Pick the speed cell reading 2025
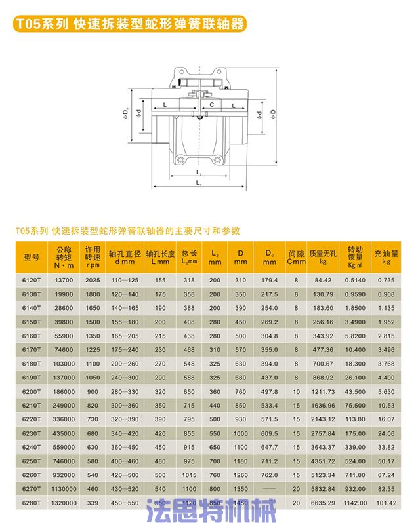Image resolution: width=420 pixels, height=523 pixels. click(x=93, y=280)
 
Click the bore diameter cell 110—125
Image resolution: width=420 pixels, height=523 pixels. click(x=125, y=280)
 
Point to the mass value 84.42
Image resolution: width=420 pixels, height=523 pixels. click(x=324, y=280)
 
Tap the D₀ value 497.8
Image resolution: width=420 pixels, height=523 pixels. click(x=270, y=391)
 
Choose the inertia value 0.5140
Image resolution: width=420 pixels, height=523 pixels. click(x=355, y=280)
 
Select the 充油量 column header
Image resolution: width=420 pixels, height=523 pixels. click(x=387, y=256)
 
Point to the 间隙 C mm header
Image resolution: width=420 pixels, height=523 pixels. click(x=297, y=256)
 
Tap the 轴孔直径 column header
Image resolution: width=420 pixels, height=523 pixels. click(x=125, y=256)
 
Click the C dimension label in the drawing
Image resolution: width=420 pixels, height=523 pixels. click(x=211, y=104)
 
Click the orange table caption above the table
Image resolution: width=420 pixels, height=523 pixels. click(x=127, y=231)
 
